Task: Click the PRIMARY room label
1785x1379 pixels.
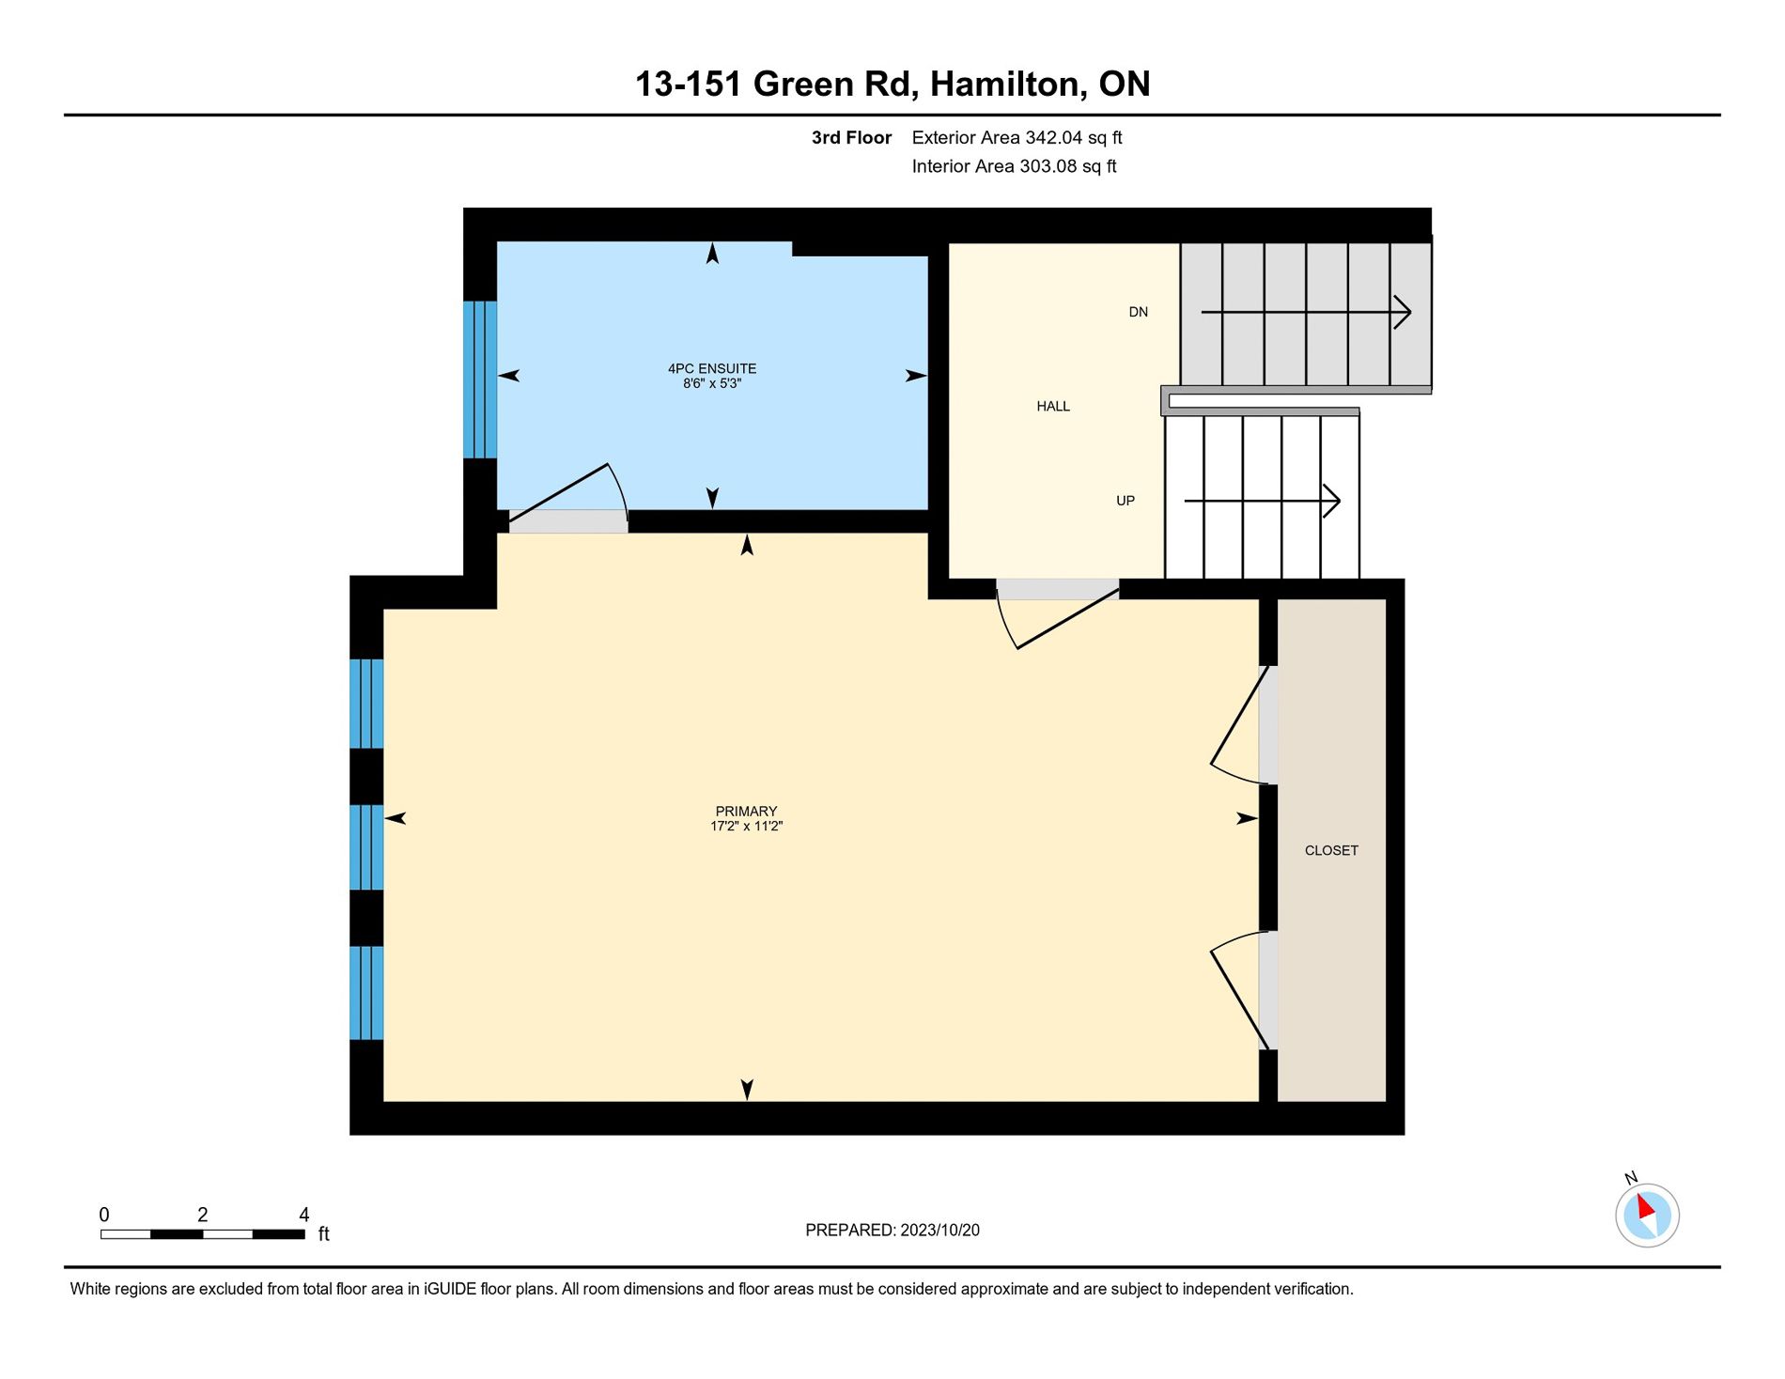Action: [746, 811]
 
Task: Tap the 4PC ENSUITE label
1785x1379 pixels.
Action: [712, 368]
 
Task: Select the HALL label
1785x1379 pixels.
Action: [1053, 406]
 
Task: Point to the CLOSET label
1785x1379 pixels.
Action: [1331, 850]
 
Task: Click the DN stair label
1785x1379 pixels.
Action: [1138, 312]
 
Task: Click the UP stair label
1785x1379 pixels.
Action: [1125, 501]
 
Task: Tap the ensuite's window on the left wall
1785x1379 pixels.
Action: [479, 380]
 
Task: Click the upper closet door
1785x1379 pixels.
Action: [1240, 724]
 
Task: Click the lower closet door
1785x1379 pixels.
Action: [1240, 990]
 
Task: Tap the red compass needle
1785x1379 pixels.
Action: [1645, 1207]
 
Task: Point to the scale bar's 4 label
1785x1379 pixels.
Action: [303, 1215]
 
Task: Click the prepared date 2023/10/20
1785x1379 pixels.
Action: [939, 1230]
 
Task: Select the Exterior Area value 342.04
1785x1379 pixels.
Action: [1054, 137]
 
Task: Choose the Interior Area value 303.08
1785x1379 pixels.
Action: [1048, 166]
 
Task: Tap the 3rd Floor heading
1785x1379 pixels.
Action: [851, 137]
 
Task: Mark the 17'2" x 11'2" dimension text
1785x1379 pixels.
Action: [746, 826]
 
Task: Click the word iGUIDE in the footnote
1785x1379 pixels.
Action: [450, 1289]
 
